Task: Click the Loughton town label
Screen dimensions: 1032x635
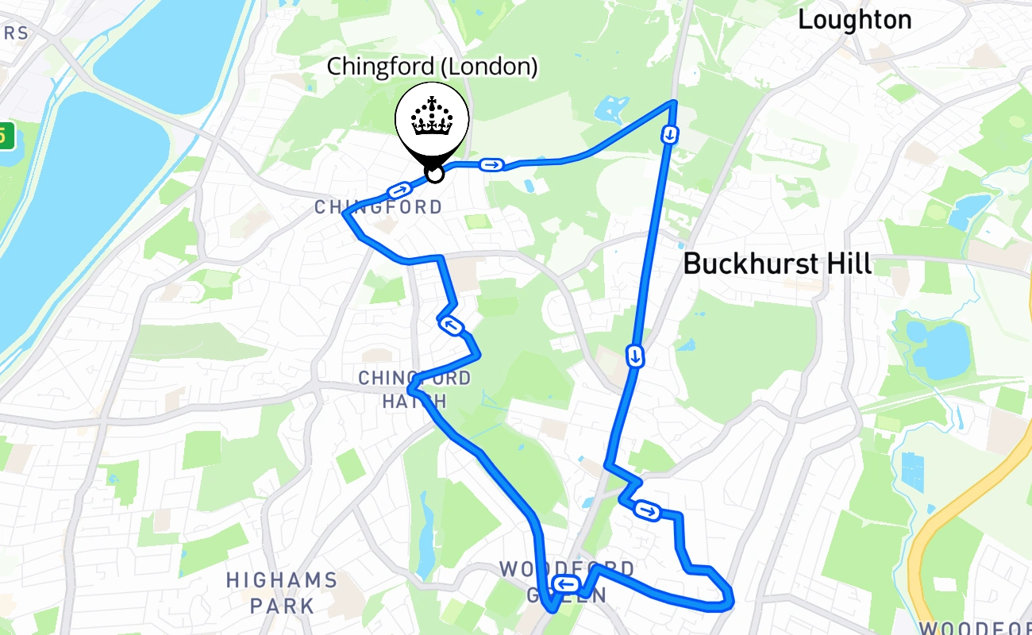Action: coord(854,21)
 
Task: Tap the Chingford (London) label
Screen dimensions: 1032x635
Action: coord(432,67)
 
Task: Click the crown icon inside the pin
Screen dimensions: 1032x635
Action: coord(432,117)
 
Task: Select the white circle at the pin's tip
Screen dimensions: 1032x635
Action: coord(434,172)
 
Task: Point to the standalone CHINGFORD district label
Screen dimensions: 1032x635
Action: coord(379,208)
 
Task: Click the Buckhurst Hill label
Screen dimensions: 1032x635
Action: coord(777,264)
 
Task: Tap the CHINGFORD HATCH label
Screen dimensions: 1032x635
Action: coord(414,389)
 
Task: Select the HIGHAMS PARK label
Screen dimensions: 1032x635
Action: coord(282,592)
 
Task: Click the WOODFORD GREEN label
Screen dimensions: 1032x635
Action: coord(567,582)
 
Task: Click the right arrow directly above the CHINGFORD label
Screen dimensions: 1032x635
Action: coord(399,190)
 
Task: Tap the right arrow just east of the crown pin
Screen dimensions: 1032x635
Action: coord(491,164)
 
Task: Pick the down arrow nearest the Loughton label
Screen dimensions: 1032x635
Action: coord(670,134)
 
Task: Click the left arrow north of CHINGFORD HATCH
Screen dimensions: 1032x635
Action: coord(451,325)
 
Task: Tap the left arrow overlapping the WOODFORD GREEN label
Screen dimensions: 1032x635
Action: coord(566,585)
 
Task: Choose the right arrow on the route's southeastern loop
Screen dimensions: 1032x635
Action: coord(647,511)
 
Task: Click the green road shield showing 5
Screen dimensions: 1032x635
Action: coord(4,135)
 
